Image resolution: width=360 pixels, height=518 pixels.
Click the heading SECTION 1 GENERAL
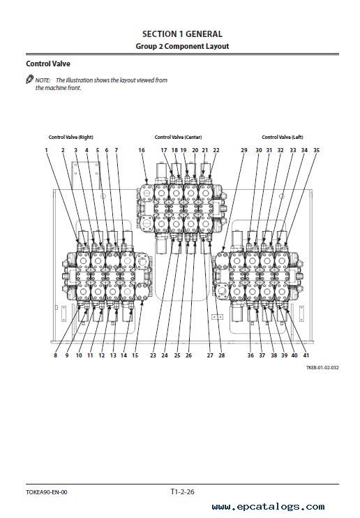[182, 34]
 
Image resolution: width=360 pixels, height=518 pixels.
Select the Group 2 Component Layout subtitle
[182, 46]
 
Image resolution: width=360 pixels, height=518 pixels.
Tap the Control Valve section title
[48, 64]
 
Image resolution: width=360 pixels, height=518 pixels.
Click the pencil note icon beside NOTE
[30, 80]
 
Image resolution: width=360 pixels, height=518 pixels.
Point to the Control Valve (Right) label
[70, 137]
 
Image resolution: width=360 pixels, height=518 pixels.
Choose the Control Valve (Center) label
[178, 137]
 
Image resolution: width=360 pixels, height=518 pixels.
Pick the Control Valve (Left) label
[283, 137]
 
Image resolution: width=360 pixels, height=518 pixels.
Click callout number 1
[46, 150]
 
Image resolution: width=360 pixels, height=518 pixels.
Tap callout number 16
[142, 150]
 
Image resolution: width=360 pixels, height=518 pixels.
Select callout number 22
[216, 150]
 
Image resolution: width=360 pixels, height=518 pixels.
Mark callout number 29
[244, 150]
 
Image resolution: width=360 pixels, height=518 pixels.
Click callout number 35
[317, 150]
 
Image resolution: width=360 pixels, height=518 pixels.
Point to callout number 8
[56, 355]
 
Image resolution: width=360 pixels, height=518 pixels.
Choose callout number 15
[135, 355]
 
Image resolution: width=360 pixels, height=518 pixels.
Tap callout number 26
[188, 355]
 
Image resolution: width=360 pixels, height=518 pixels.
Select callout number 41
[306, 355]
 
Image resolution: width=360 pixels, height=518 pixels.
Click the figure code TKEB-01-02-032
[322, 367]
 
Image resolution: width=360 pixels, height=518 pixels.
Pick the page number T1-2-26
[182, 491]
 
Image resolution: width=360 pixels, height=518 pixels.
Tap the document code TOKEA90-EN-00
[47, 492]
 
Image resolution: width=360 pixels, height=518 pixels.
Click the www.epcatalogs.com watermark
[268, 507]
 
